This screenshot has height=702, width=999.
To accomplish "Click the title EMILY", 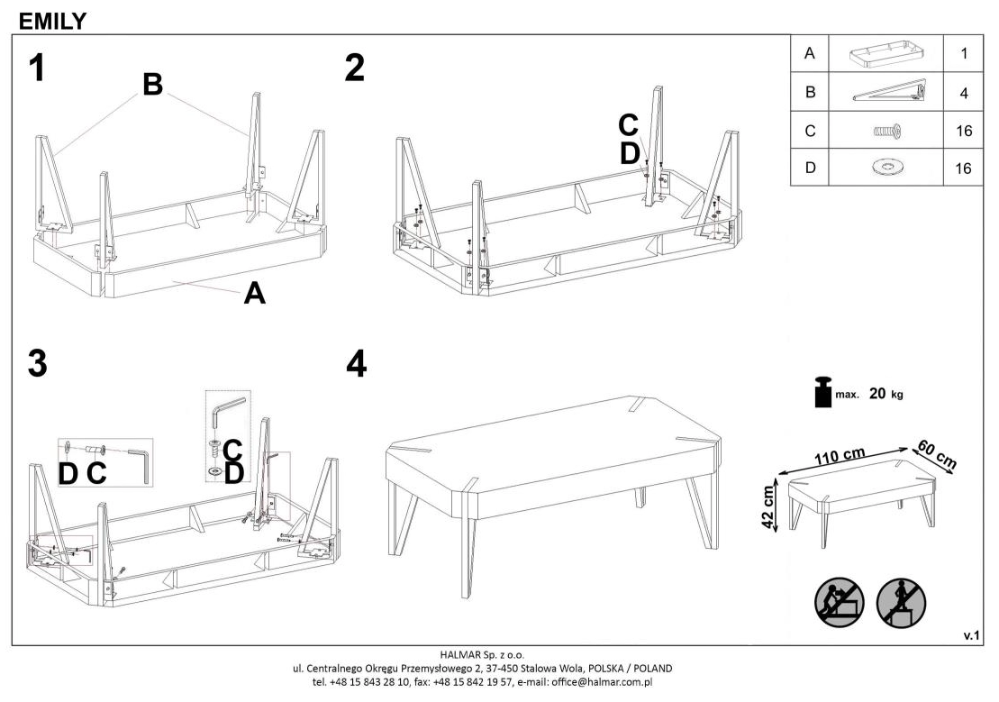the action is coord(52,21).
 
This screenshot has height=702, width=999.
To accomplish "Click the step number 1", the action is coord(38,68).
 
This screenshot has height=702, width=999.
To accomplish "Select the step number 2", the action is coord(355,68).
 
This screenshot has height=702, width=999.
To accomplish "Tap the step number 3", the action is coord(38,363).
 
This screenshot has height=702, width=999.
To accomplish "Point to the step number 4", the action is coord(356,363).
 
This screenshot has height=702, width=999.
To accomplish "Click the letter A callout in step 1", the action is coord(255,293).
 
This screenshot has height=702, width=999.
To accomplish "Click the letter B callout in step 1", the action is coord(152,84).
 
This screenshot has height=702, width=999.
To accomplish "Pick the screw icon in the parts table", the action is coord(886,132).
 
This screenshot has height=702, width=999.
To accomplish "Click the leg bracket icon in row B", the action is coord(889,91).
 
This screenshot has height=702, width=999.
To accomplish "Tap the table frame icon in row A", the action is coord(885,53).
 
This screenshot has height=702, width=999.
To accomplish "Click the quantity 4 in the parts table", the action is coord(963,93).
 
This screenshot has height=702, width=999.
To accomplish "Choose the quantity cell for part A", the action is coord(963,53).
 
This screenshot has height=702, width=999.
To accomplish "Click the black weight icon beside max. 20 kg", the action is coord(822,391).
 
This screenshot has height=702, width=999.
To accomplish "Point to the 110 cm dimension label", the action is coord(840,457).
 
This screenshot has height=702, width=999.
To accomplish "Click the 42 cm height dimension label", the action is coord(769,506).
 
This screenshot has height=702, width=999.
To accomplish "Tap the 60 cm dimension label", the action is coord(937,454).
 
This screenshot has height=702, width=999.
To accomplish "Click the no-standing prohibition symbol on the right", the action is coord(900,602).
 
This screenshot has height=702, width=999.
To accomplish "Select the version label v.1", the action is coord(971,635).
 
